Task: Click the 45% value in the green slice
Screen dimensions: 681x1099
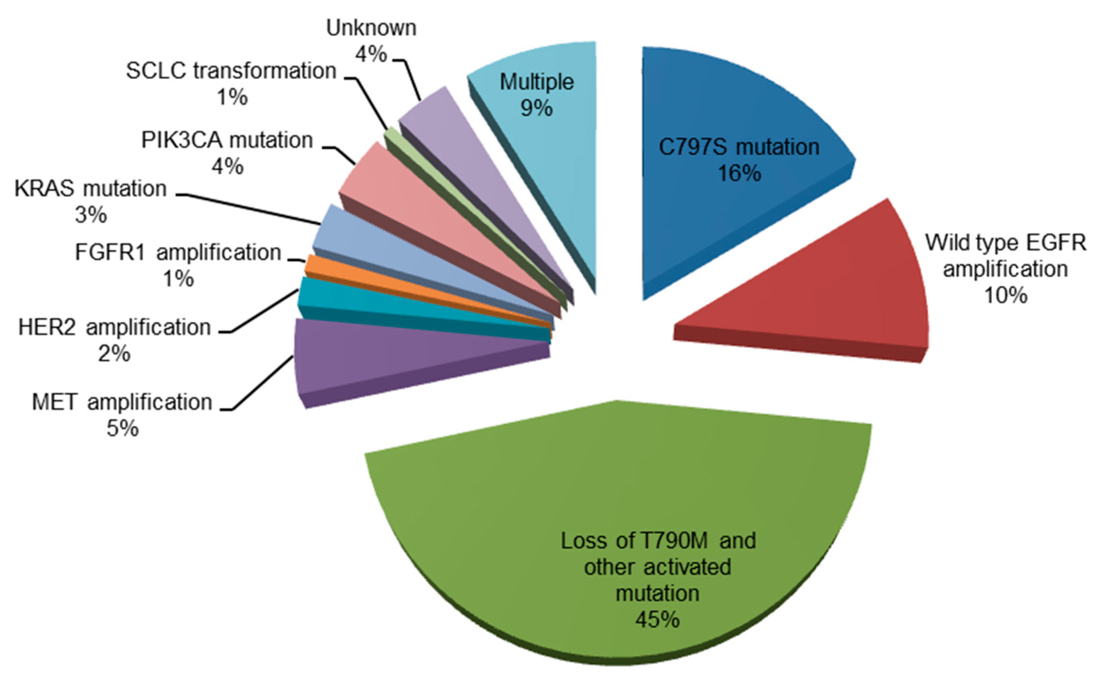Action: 657,620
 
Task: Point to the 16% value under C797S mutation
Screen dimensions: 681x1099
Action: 739,173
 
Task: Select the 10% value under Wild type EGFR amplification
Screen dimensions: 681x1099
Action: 1005,296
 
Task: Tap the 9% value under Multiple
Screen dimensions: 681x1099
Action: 537,108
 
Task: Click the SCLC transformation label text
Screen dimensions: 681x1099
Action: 231,71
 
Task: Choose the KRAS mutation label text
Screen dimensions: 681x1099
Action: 91,188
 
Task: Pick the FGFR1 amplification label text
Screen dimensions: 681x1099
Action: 178,252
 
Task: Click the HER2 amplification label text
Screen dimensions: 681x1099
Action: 115,327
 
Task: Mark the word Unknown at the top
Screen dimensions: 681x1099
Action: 371,28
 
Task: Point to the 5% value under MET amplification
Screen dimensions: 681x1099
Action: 123,428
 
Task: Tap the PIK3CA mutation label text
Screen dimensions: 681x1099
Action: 227,140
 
